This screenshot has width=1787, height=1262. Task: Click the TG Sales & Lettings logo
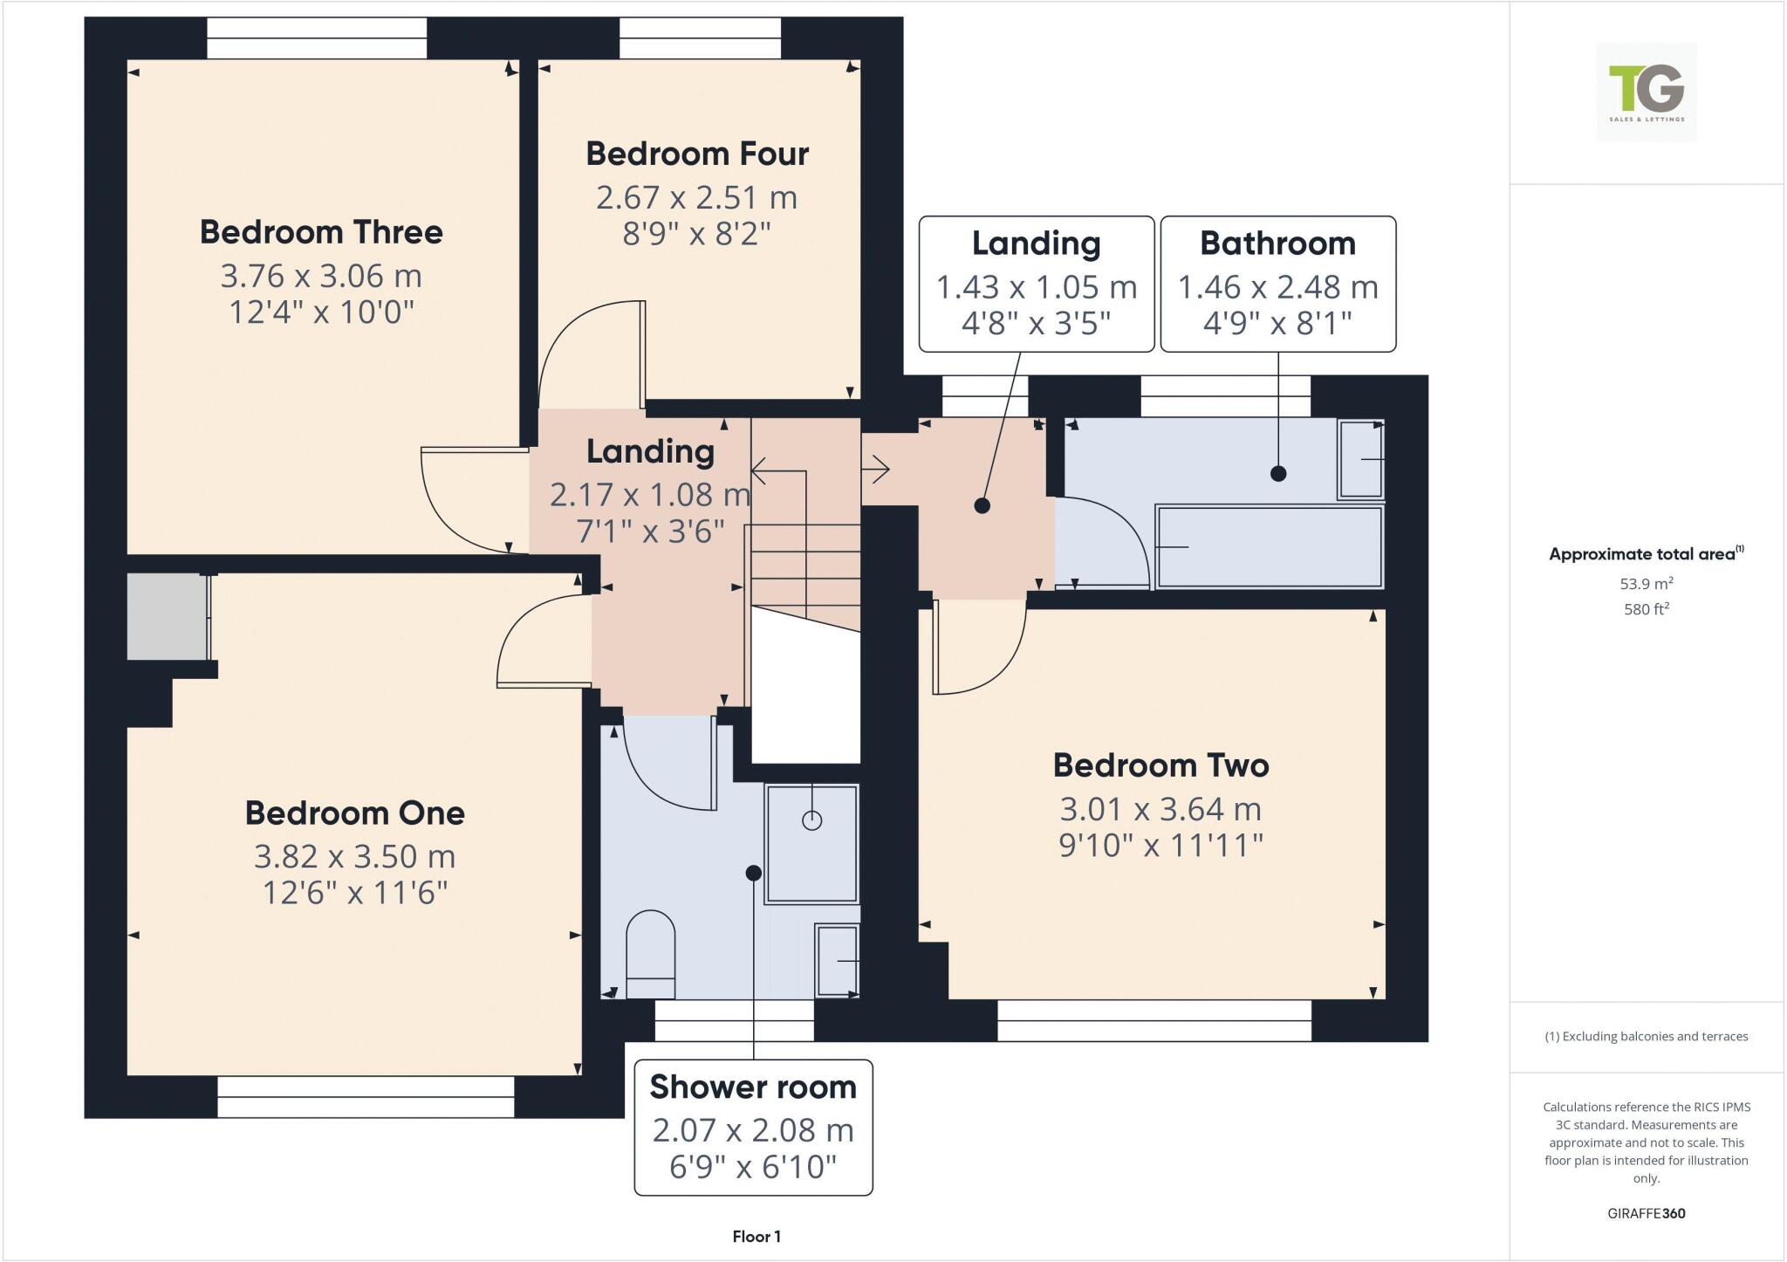[x=1646, y=92]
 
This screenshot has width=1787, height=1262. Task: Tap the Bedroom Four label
[x=696, y=154]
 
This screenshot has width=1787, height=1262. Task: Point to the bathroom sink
[x=1360, y=459]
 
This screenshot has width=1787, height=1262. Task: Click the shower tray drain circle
[x=811, y=820]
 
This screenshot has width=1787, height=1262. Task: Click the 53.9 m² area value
[x=1646, y=584]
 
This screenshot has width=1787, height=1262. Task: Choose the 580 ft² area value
[x=1646, y=609]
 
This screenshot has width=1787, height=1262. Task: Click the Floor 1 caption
[x=757, y=1236]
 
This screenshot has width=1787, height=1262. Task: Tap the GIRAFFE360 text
[x=1646, y=1213]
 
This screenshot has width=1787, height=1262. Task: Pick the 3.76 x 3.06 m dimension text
[x=321, y=276]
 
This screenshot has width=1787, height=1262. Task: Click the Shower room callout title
[x=752, y=1087]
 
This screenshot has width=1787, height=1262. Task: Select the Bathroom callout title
[x=1277, y=243]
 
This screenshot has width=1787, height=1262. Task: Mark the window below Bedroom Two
[x=1154, y=1020]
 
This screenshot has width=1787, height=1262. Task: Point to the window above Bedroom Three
[x=317, y=38]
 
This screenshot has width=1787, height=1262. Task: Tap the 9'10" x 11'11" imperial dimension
[x=1161, y=845]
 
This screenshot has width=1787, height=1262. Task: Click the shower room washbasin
[x=837, y=960]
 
